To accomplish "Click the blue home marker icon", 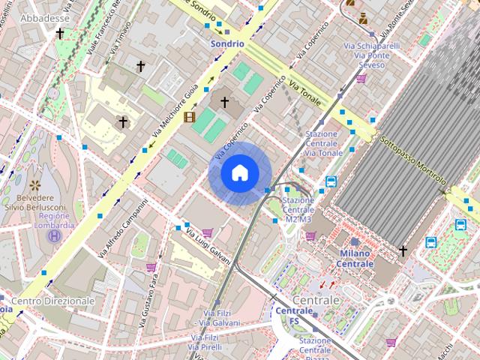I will tap(239, 173).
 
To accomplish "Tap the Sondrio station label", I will tap(226, 43).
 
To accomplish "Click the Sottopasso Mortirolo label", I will tap(412, 160).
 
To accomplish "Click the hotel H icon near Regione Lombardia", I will tap(55, 236).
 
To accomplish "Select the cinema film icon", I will tap(190, 116).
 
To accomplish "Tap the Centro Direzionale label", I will tap(53, 301).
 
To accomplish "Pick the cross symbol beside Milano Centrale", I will tap(403, 251).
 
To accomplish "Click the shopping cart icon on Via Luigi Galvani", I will tap(207, 232).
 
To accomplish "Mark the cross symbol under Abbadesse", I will tap(60, 34).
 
